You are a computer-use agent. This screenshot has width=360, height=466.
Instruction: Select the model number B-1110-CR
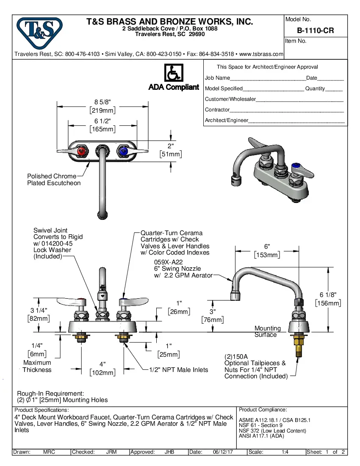[x=316, y=31]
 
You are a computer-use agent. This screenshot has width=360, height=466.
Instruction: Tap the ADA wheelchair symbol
[x=173, y=73]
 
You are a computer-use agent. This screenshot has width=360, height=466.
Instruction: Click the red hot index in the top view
[x=83, y=151]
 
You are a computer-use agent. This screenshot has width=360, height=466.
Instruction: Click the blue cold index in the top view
[x=123, y=151]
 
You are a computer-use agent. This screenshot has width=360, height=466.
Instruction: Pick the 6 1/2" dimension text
[x=102, y=121]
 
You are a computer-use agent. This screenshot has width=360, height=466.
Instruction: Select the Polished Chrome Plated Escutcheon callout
[x=54, y=180]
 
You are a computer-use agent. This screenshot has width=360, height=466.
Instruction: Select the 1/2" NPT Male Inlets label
[x=179, y=370]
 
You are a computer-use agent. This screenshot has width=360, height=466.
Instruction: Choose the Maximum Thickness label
[x=37, y=366]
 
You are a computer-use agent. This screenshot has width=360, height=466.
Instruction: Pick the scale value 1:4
[x=285, y=452]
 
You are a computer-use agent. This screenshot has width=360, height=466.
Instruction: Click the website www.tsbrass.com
[x=261, y=54]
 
